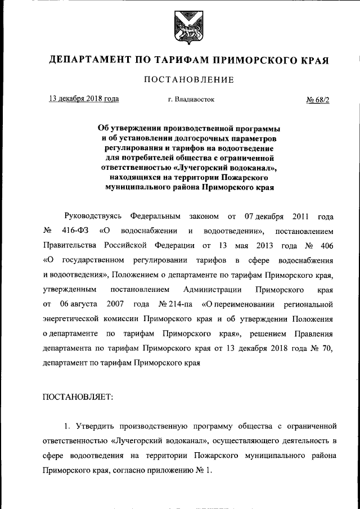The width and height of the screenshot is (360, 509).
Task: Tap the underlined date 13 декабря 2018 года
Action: click(x=84, y=99)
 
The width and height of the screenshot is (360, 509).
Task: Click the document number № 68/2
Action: click(x=317, y=100)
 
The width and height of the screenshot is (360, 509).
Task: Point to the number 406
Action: click(x=326, y=246)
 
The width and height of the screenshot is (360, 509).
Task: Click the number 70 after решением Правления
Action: click(x=327, y=348)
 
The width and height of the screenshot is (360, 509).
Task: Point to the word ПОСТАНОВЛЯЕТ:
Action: click(x=78, y=397)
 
